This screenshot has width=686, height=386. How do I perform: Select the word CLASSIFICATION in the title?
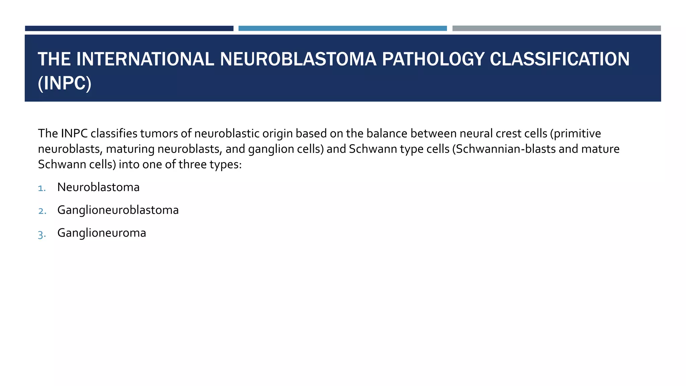click(x=560, y=59)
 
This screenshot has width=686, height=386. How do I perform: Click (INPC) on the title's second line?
click(x=65, y=83)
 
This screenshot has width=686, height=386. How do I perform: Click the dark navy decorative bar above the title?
click(x=129, y=28)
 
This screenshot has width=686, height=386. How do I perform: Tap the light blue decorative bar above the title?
click(x=342, y=28)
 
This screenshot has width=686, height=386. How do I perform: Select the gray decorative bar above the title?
click(x=556, y=28)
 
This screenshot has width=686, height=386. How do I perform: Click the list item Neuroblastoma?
click(x=98, y=187)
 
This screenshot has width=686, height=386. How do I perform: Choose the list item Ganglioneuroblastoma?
click(x=118, y=210)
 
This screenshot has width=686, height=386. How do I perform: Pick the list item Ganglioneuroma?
click(x=101, y=233)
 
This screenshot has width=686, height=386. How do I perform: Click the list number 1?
click(x=42, y=188)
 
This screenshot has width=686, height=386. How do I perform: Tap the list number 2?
click(x=42, y=211)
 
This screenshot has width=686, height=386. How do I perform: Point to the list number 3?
click(x=42, y=234)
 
